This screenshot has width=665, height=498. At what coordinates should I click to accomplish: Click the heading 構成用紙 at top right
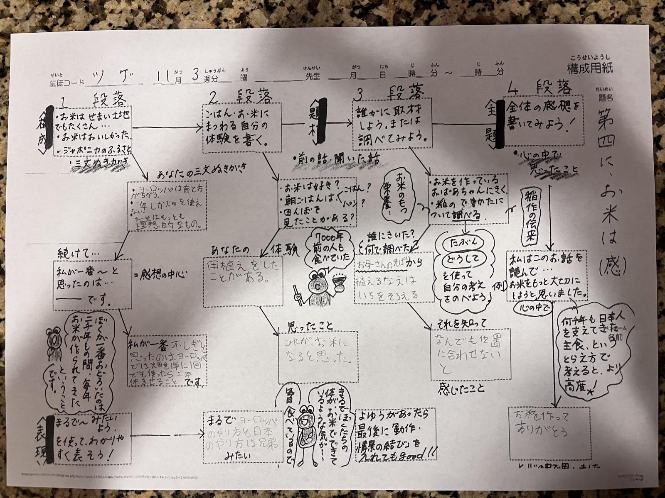pyautogui.click(x=590, y=68)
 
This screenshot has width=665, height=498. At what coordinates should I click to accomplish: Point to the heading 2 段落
pyautogui.click(x=241, y=97)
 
